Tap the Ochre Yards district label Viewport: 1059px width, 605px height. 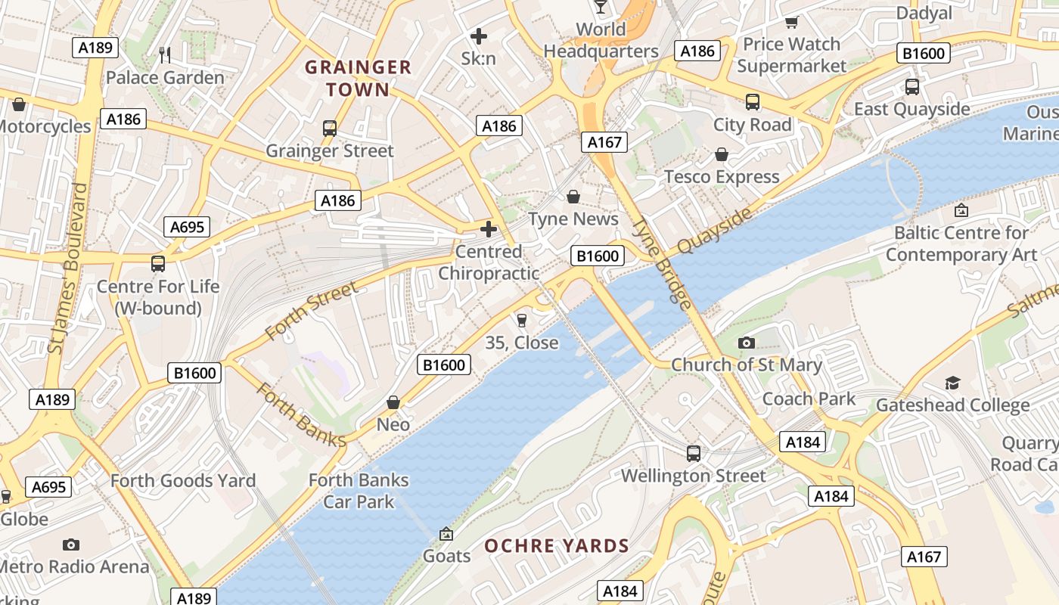(x=556, y=546)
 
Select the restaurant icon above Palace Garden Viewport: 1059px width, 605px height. (x=165, y=54)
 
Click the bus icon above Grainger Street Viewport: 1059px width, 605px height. (x=329, y=129)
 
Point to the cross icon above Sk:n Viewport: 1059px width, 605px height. (x=478, y=36)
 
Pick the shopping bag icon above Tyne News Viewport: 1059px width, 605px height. (x=573, y=197)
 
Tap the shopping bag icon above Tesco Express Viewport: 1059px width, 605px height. (x=722, y=154)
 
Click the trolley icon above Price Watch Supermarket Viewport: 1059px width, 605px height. (x=791, y=22)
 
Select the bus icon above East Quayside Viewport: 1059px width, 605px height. (x=911, y=87)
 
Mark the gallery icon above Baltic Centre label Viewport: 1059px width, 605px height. (x=961, y=210)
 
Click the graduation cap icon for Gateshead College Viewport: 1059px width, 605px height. (x=952, y=383)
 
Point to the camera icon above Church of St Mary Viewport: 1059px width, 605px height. (x=746, y=343)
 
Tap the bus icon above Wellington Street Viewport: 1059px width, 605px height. (x=693, y=454)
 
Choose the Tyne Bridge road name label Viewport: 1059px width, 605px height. (x=662, y=263)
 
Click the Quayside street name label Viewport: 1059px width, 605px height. (x=715, y=231)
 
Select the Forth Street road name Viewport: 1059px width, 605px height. (x=311, y=312)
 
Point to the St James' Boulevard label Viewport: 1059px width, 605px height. (x=67, y=268)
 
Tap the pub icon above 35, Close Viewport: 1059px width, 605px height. (x=521, y=321)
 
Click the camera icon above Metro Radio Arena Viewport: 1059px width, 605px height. (x=71, y=544)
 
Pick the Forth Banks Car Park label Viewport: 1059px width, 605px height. (x=359, y=491)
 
